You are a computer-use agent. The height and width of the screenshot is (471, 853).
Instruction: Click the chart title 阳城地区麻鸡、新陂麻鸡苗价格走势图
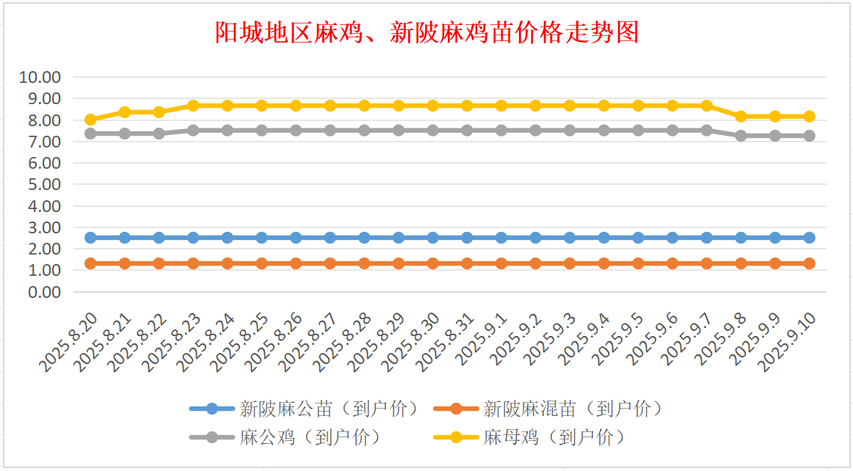click(x=426, y=32)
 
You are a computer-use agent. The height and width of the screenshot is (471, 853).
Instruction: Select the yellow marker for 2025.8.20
click(x=91, y=120)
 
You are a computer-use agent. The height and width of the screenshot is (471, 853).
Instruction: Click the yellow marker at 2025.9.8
click(x=741, y=117)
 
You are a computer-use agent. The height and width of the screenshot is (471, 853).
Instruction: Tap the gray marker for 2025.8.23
click(x=193, y=131)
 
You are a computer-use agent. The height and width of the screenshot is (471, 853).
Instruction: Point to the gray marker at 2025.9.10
click(x=810, y=136)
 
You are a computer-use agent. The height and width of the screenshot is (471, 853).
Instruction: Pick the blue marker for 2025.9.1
click(x=501, y=238)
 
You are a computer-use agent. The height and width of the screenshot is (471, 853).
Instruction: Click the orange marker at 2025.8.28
click(x=365, y=263)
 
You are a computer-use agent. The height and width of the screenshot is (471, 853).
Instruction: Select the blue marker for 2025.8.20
click(x=91, y=238)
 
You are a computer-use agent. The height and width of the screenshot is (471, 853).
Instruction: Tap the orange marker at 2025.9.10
click(x=810, y=263)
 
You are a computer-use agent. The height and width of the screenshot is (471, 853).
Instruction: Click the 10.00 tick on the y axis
click(x=40, y=77)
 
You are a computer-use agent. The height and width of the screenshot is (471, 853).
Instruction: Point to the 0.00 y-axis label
click(x=43, y=292)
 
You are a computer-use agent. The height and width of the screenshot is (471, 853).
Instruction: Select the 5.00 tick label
click(x=43, y=184)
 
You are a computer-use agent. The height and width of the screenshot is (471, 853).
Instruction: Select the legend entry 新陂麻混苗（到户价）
click(x=550, y=409)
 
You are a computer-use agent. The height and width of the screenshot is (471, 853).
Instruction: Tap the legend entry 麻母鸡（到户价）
click(x=531, y=437)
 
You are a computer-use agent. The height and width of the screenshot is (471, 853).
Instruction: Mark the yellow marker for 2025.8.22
click(x=159, y=112)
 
